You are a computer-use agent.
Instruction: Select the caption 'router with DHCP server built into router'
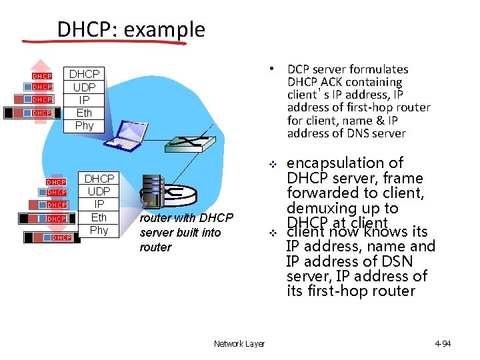(186, 232)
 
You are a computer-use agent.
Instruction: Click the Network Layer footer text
(239, 343)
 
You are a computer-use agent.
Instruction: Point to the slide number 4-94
(443, 343)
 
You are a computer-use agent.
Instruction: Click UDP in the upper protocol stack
(85, 87)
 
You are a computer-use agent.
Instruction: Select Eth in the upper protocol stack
(85, 113)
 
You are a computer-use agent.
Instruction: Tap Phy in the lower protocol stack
(99, 230)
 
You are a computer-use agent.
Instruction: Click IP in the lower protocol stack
(99, 204)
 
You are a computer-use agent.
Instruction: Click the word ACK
(331, 82)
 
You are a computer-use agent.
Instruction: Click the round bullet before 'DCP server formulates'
(272, 69)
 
